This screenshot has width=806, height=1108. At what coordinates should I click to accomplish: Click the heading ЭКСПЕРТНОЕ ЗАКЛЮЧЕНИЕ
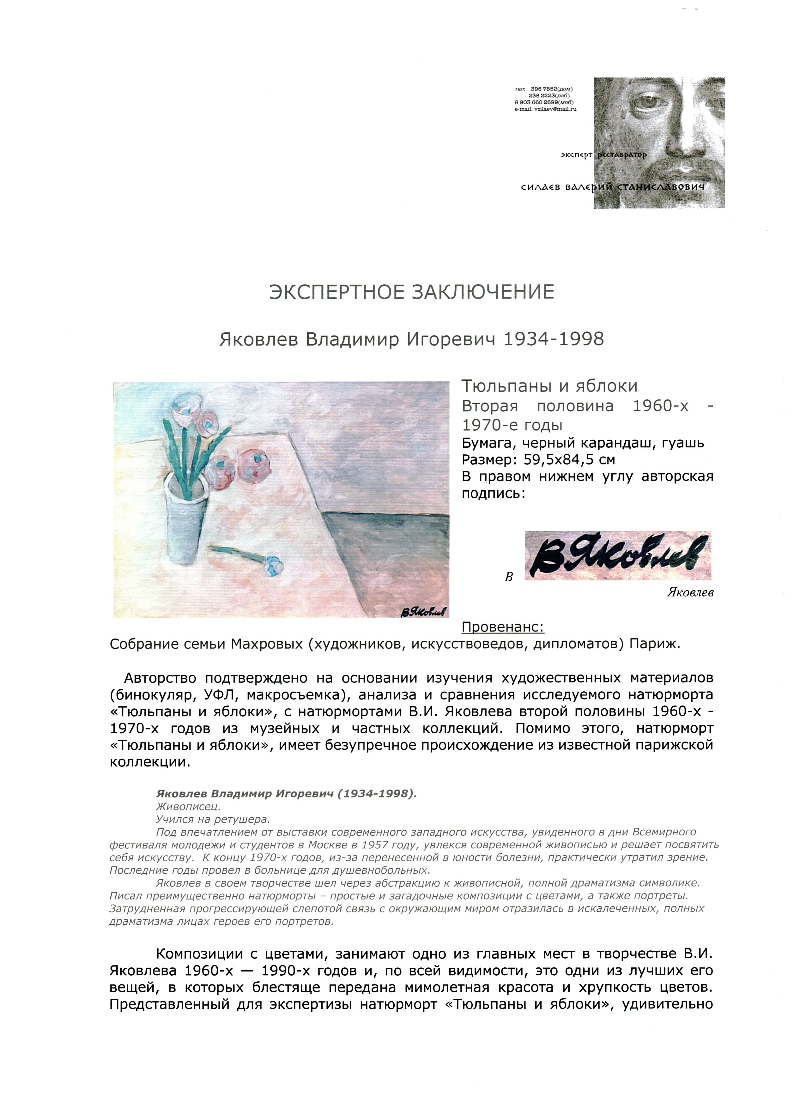(411, 292)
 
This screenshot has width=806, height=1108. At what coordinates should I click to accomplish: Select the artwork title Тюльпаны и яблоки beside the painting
(549, 386)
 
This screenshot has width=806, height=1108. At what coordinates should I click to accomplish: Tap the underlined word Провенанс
(503, 627)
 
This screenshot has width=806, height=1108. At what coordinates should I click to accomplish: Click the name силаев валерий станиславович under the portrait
(613, 187)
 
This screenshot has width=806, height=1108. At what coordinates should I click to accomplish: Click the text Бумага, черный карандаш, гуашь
(582, 443)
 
